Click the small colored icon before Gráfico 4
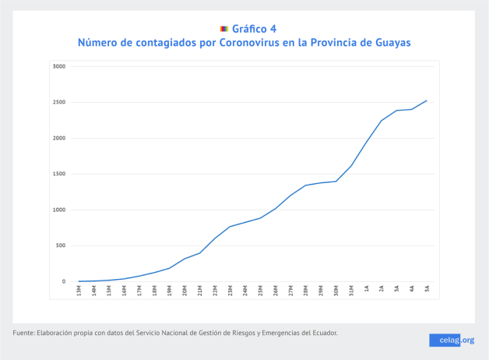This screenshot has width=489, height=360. pyautogui.click(x=224, y=29)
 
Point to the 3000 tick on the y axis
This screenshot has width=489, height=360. pyautogui.click(x=59, y=66)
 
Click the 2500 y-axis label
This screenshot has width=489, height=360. pyautogui.click(x=59, y=102)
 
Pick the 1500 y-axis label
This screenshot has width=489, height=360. pyautogui.click(x=59, y=174)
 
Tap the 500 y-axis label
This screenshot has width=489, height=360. pyautogui.click(x=61, y=245)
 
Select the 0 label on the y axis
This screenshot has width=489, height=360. pyautogui.click(x=64, y=281)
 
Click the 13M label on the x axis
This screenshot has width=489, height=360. pyautogui.click(x=79, y=290)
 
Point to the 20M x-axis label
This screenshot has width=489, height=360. pyautogui.click(x=185, y=290)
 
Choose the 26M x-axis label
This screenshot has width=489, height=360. pyautogui.click(x=275, y=290)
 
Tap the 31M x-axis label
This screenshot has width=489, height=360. pyautogui.click(x=350, y=290)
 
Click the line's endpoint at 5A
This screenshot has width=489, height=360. pyautogui.click(x=427, y=101)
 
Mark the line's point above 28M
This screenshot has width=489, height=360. pyautogui.click(x=305, y=185)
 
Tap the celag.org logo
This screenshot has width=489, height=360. pyautogui.click(x=452, y=340)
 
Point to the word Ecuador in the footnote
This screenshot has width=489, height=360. pyautogui.click(x=322, y=334)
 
